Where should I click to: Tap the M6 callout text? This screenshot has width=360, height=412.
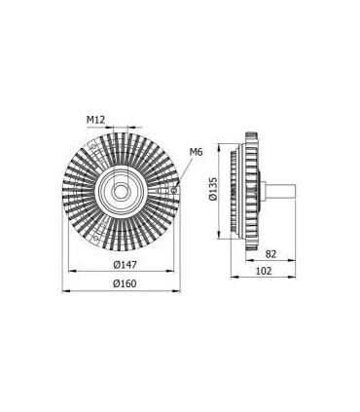pyautogui.click(x=195, y=152)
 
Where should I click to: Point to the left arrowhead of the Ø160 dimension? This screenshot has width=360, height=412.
pyautogui.click(x=65, y=290)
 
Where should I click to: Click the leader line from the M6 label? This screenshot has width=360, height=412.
pyautogui.click(x=183, y=167)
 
